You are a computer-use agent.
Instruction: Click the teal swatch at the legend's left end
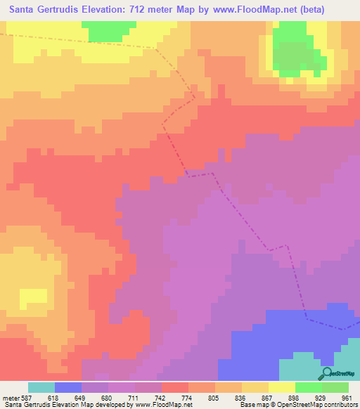tap(41, 387)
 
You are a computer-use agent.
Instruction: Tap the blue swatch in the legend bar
tap(68, 387)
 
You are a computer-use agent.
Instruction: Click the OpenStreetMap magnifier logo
tap(328, 374)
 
